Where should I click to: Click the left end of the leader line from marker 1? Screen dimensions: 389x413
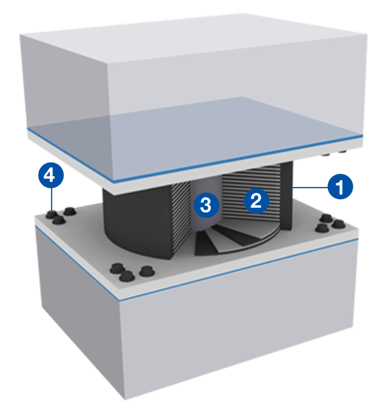pos(293,188)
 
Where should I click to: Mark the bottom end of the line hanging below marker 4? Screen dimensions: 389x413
pos(52,210)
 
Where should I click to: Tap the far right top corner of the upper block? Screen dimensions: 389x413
pos(367,34)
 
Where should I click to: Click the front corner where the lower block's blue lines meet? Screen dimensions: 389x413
pos(120,300)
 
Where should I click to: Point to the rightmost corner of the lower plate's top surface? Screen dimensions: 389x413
pos(358,229)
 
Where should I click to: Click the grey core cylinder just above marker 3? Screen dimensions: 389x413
pos(206,185)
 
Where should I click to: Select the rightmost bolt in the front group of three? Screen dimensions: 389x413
pos(147,271)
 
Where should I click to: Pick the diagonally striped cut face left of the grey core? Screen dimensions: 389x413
pos(181,217)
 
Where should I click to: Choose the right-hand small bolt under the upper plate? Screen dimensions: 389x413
pos(342,152)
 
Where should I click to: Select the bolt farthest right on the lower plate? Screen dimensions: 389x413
pos(339,224)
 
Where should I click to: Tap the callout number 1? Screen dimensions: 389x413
pos(340,186)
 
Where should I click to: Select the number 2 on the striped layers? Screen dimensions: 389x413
pos(257,201)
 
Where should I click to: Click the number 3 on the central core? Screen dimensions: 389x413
pos(206,205)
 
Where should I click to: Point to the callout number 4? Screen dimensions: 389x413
pos(51,175)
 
